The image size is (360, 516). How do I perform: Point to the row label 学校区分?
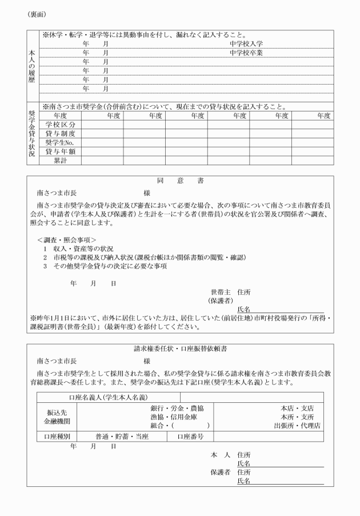tap(61, 124)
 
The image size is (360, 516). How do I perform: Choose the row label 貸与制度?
tap(61, 133)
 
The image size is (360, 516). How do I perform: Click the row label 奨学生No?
tap(61, 142)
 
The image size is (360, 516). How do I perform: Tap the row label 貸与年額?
tap(61, 151)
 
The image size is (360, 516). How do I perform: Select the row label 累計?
tap(61, 161)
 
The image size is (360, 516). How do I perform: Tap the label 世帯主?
tap(221, 291)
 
